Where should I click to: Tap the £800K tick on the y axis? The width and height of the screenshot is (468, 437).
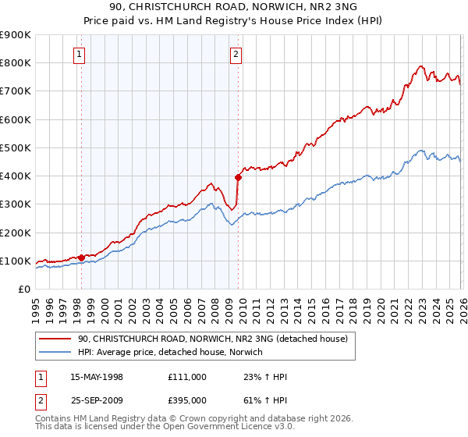[16, 63]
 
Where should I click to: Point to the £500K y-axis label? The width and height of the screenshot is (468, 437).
[16, 147]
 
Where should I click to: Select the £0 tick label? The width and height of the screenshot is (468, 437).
[23, 289]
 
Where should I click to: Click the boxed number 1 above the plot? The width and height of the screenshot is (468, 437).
[80, 54]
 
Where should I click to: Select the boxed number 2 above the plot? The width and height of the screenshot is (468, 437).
[236, 54]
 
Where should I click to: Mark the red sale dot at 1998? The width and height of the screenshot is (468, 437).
[81, 257]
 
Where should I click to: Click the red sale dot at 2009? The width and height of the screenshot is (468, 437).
[237, 177]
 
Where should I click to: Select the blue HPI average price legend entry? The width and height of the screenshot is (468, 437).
[170, 352]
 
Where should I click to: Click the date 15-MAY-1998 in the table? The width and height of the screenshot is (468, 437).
[97, 377]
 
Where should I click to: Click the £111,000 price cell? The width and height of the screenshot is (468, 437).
[186, 377]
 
